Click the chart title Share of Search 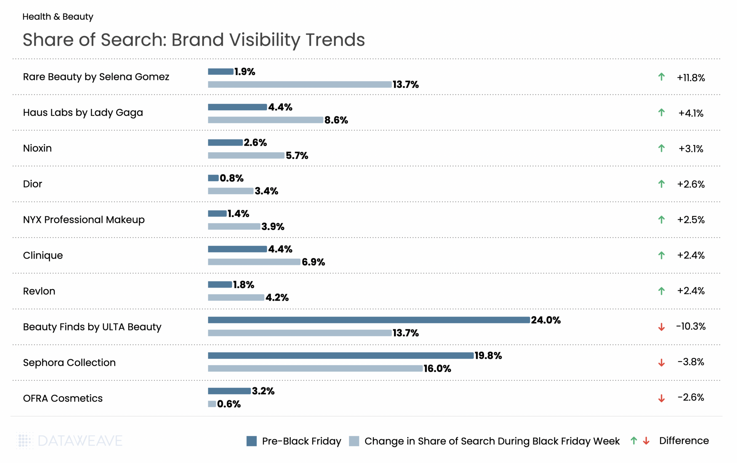pos(194,40)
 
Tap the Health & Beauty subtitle pos(58,17)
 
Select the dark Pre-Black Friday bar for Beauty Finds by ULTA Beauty pos(368,320)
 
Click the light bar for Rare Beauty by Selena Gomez pos(299,84)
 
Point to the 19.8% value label pos(488,356)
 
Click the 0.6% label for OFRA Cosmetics pos(229,404)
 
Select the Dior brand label pos(32,184)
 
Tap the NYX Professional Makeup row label pos(83,220)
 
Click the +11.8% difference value pos(691,78)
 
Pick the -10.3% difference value pos(691,326)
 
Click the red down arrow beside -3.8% pos(661,363)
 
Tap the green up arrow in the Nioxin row pos(661,148)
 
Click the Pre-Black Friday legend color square pos(252,441)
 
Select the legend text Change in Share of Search pos(492,441)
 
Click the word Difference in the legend pos(684,441)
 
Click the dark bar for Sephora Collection pos(340,356)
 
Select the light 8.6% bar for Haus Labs pos(265,120)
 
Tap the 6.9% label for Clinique pos(313,262)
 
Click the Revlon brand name pos(39,291)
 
